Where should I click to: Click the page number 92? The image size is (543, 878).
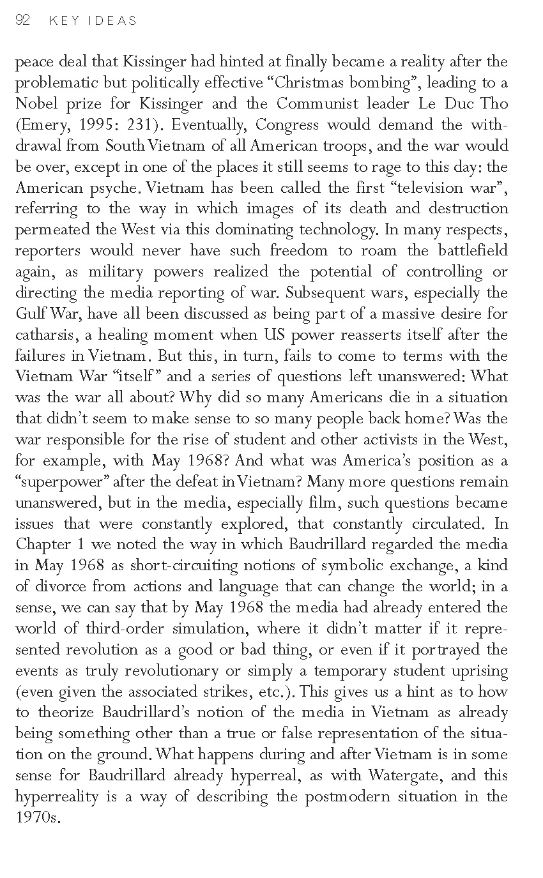[x=22, y=20]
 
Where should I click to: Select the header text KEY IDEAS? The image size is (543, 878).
[x=92, y=21]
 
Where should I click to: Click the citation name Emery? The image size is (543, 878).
[x=40, y=125]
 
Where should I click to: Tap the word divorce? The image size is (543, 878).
[x=61, y=587]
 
